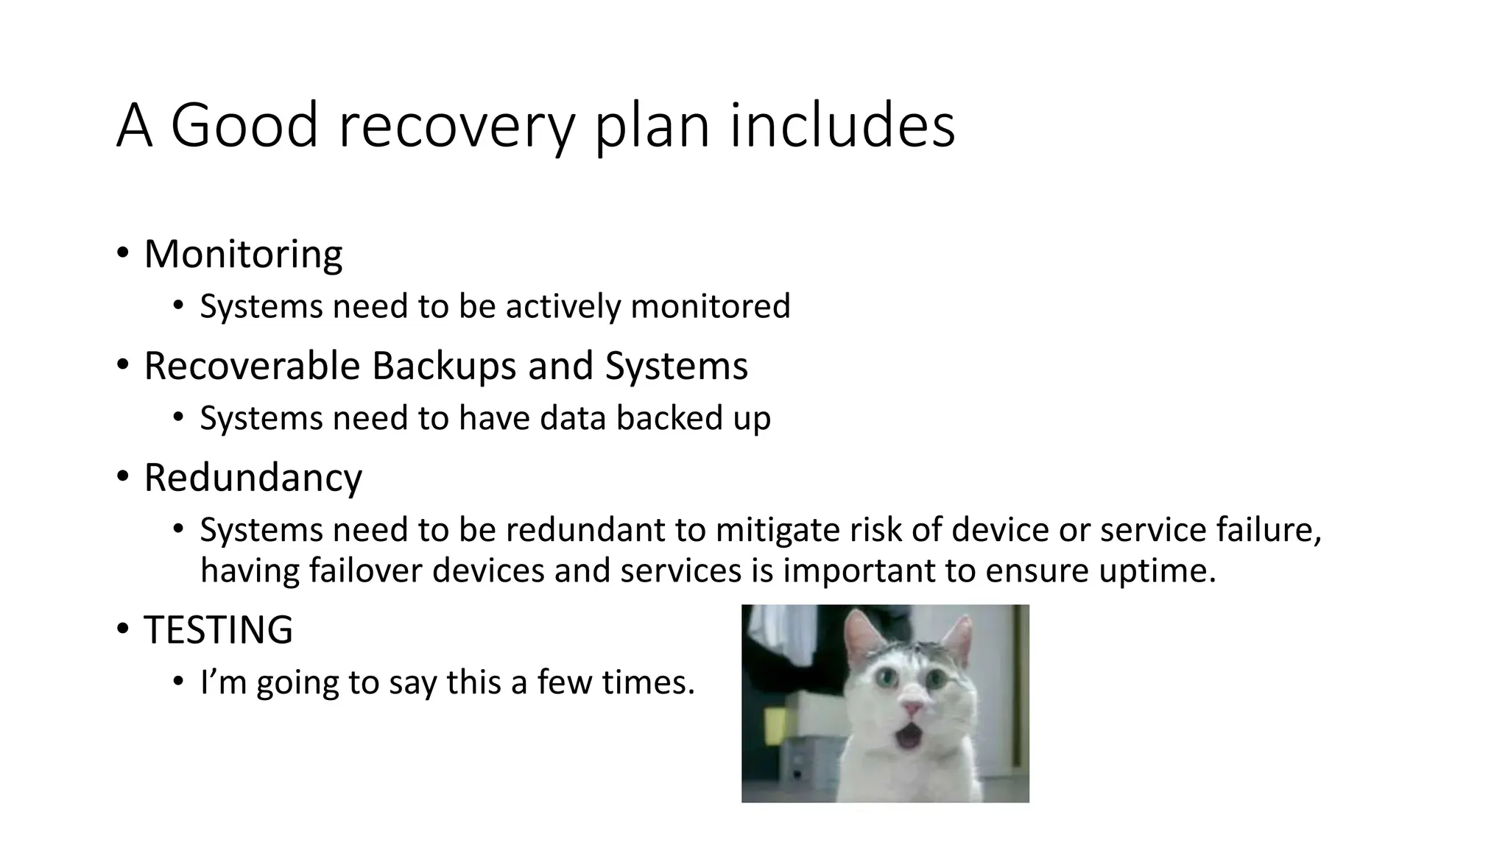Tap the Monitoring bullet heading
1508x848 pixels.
(x=243, y=255)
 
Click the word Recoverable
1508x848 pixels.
(x=252, y=366)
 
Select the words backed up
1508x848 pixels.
(x=693, y=418)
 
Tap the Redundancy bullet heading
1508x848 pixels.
(x=253, y=478)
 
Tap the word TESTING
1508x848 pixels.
(x=218, y=630)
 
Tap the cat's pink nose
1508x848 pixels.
(x=913, y=707)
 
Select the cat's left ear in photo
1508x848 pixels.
(x=859, y=632)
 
